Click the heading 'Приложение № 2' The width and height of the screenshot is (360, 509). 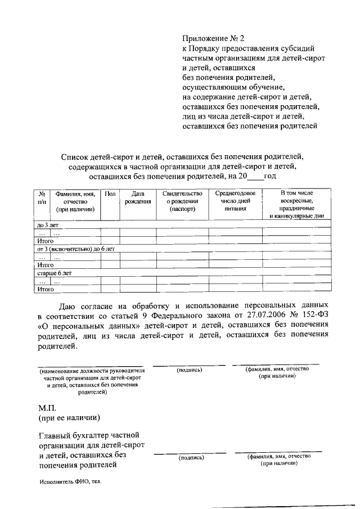tap(214, 39)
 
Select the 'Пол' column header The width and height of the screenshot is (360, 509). tap(110, 194)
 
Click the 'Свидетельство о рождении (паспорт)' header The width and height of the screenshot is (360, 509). tap(182, 201)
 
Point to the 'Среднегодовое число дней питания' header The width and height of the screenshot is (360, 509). tap(235, 201)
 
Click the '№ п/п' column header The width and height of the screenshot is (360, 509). tap(42, 197)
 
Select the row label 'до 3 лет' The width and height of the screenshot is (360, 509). tap(48, 225)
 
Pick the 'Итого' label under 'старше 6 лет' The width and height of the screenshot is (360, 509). tap(45, 289)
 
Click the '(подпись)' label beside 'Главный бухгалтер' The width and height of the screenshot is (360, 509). tap(191, 458)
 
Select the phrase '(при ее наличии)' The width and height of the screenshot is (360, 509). tap(69, 418)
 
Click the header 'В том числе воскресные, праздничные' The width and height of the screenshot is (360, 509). tap(296, 205)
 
